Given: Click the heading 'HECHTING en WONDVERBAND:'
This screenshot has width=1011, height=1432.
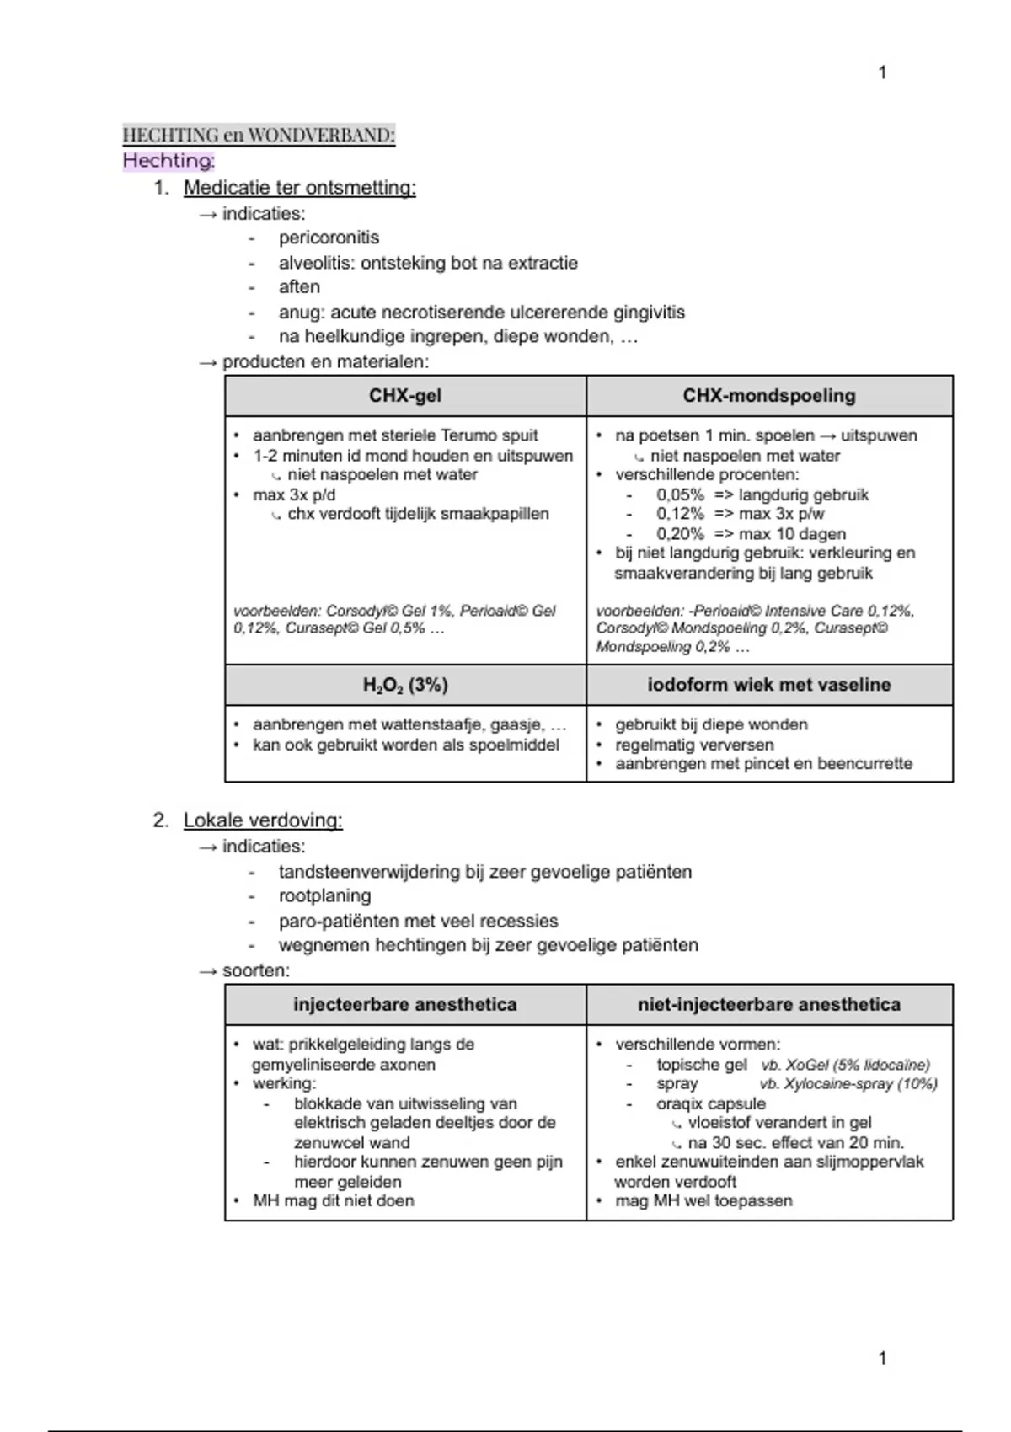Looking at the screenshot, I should (x=259, y=135).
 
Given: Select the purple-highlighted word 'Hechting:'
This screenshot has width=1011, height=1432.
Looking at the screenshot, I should (x=168, y=160).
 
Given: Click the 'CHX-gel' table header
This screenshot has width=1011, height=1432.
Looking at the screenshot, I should (x=405, y=396).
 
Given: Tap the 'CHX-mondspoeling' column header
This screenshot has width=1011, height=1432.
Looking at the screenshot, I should (x=769, y=396).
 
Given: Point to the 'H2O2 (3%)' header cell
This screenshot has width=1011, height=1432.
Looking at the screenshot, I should (x=405, y=686).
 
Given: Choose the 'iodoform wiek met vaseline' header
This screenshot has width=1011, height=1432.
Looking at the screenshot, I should (x=769, y=685).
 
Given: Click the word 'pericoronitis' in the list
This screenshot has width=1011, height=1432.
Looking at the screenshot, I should (x=329, y=238).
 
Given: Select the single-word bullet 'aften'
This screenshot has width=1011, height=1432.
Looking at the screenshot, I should (x=299, y=286).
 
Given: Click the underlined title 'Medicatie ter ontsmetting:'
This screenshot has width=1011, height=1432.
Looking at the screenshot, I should (x=299, y=188).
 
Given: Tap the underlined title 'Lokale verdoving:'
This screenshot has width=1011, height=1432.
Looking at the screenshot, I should (x=263, y=820).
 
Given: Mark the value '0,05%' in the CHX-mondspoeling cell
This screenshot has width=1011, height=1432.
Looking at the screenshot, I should (x=680, y=494).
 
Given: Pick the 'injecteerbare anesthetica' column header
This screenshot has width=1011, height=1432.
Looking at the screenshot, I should (x=405, y=1005).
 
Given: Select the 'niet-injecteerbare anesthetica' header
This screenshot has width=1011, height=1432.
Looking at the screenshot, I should (x=769, y=1005).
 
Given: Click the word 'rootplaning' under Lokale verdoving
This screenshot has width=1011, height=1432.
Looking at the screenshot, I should (x=324, y=895).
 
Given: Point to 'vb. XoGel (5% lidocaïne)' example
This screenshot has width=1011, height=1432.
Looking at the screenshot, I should (x=845, y=1065).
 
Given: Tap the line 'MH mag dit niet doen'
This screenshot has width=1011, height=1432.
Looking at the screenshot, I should (x=334, y=1200).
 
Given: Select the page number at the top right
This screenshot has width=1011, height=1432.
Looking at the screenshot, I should (x=882, y=72).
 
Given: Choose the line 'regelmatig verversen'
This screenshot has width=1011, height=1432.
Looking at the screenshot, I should (x=694, y=745).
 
